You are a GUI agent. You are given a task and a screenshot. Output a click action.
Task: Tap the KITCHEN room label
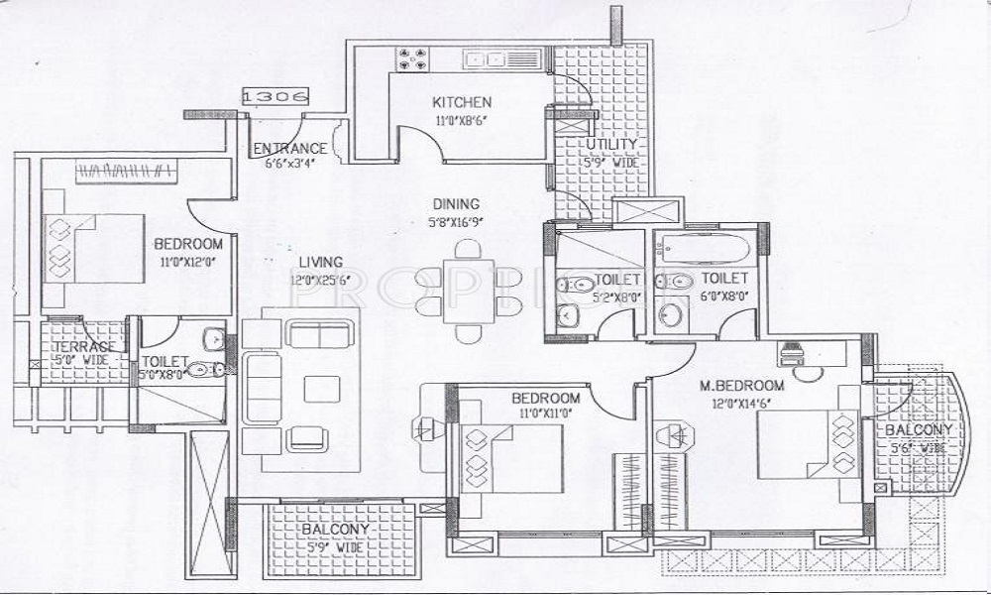click(x=462, y=102)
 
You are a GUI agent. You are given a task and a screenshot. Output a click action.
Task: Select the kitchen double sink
click(x=486, y=59)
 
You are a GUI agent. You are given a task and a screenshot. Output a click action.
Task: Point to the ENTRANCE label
click(x=290, y=149)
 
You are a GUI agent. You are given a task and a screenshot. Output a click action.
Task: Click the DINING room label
click(x=456, y=204)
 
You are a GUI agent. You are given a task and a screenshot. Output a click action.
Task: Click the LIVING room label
click(x=321, y=262)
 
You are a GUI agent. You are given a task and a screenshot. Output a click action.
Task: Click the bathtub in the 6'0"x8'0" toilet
click(x=707, y=250)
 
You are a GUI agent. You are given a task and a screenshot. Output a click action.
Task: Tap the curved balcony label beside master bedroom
click(x=920, y=430)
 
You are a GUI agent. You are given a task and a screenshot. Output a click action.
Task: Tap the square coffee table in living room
click(x=322, y=387)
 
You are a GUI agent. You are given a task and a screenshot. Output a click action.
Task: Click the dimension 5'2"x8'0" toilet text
click(x=613, y=296)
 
